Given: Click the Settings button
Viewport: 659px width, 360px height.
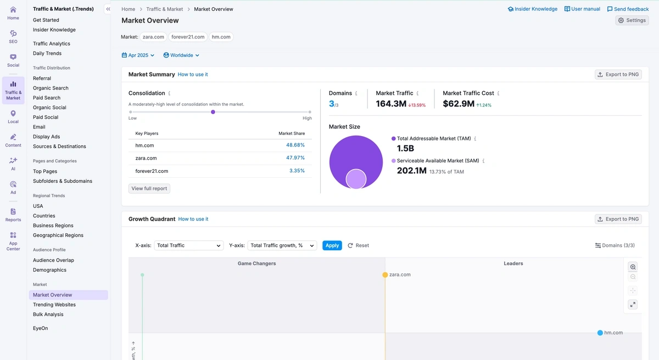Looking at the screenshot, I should (x=632, y=20).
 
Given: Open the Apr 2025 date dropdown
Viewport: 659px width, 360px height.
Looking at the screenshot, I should (x=138, y=55).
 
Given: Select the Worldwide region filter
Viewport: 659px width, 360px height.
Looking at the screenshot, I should (x=181, y=55).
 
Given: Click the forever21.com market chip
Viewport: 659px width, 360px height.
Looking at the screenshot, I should (x=188, y=37).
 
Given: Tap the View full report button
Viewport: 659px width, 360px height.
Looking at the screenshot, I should (x=149, y=188).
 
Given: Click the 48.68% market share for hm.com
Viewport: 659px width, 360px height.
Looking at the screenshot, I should (x=295, y=145).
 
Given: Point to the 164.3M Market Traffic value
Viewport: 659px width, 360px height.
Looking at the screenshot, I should (x=391, y=104).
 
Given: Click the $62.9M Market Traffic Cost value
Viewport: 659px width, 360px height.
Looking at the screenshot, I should (x=459, y=104).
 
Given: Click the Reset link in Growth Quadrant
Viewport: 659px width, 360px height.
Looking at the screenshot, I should (x=359, y=245).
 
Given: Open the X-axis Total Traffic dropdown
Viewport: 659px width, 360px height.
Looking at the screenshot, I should (x=188, y=245).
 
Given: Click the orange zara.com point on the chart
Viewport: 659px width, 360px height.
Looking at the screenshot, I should (x=385, y=274).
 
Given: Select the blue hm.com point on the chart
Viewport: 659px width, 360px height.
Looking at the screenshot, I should (x=600, y=333).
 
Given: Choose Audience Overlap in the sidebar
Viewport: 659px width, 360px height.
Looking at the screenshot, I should (x=53, y=260).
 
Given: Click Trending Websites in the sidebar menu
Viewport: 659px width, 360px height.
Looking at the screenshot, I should (x=54, y=305).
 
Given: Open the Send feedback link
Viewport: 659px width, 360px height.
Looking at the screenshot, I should (x=628, y=9).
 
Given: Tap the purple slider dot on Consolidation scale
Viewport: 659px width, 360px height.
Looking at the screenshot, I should (x=213, y=112).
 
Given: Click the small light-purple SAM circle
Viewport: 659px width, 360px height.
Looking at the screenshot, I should (x=356, y=179).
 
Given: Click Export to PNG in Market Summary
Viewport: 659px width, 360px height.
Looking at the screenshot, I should (x=618, y=75).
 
